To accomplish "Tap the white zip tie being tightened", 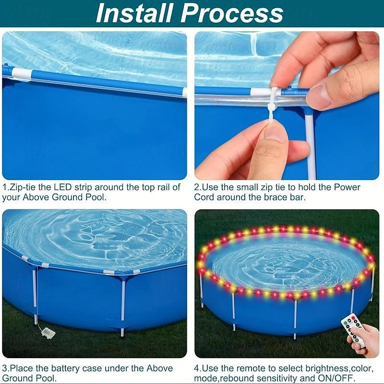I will tap(272, 103).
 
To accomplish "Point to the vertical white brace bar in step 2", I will tap(311, 144).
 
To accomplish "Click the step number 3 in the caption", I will tap(5, 368).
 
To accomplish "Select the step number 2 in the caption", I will tap(197, 187).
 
